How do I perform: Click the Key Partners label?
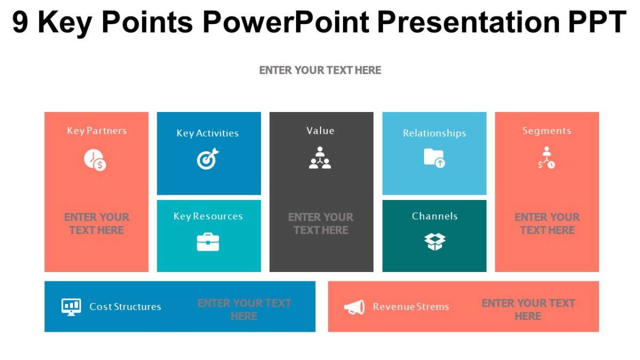pyautogui.click(x=97, y=131)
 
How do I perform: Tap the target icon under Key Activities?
pyautogui.click(x=207, y=159)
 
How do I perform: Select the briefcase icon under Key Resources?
pyautogui.click(x=208, y=242)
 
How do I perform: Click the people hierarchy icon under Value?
pyautogui.click(x=320, y=158)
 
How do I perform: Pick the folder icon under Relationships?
pyautogui.click(x=434, y=158)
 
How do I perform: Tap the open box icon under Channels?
pyautogui.click(x=435, y=242)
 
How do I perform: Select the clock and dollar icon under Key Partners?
pyautogui.click(x=95, y=160)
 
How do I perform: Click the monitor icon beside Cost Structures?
pyautogui.click(x=71, y=307)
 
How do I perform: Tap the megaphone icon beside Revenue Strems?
pyautogui.click(x=354, y=307)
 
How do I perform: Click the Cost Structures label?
pyautogui.click(x=125, y=307)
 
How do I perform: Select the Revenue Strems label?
pyautogui.click(x=411, y=307)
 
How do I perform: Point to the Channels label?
pyautogui.click(x=435, y=216)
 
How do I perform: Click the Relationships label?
pyautogui.click(x=434, y=133)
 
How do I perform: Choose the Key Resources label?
pyautogui.click(x=208, y=216)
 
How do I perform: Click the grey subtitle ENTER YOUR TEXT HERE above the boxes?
pyautogui.click(x=320, y=70)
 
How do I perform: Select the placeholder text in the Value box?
pyautogui.click(x=321, y=224)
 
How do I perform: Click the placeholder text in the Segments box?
pyautogui.click(x=547, y=224)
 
